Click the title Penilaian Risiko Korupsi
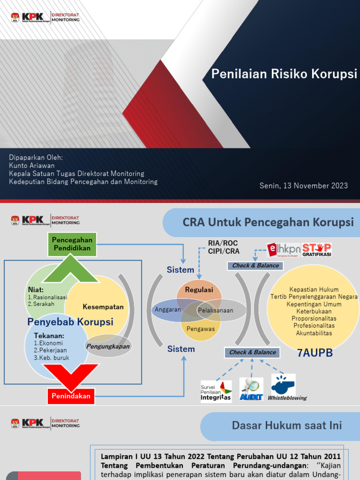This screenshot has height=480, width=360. [284, 74]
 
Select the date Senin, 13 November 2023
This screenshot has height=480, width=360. [304, 186]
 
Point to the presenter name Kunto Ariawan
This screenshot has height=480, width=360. [32, 165]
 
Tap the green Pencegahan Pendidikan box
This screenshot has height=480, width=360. [72, 244]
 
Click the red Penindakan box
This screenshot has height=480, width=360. [71, 396]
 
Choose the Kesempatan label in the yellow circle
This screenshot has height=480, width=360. [103, 307]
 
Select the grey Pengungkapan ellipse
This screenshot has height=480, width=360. [109, 346]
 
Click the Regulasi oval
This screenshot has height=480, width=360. [199, 290]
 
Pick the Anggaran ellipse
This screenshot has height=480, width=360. [168, 310]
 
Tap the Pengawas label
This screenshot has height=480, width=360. [201, 329]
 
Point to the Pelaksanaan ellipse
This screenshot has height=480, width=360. [216, 310]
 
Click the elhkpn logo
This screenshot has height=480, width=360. [283, 250]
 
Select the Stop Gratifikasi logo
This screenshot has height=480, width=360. [316, 250]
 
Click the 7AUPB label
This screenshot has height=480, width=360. [315, 353]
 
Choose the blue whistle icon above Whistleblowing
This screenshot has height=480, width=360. [283, 383]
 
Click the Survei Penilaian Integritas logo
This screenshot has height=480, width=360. [216, 391]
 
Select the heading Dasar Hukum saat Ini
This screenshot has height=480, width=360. [287, 426]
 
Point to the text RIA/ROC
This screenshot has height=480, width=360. [223, 243]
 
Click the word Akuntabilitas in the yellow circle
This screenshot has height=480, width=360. [314, 333]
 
